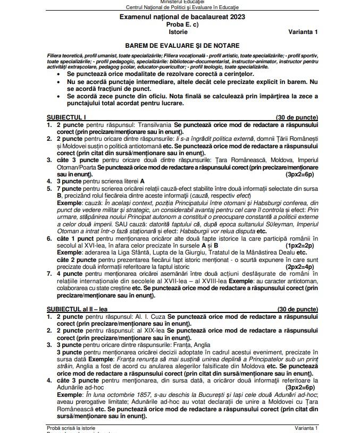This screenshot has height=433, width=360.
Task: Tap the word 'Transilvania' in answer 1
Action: coord(155,124)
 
